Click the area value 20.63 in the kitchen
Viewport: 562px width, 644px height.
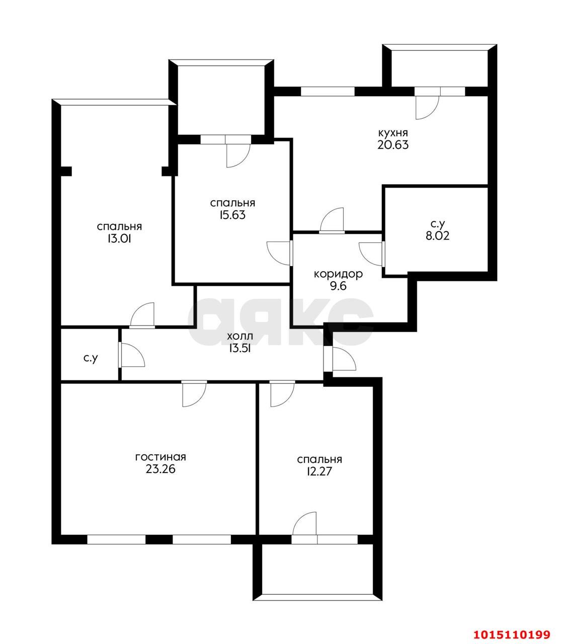pyautogui.click(x=393, y=145)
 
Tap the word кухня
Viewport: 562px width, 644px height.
pyautogui.click(x=393, y=132)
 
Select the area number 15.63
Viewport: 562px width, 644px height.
pyautogui.click(x=233, y=215)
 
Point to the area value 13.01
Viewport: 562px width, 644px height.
pyautogui.click(x=119, y=239)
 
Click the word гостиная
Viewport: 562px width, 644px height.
pyautogui.click(x=160, y=457)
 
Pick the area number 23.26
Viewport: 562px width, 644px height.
pyautogui.click(x=160, y=469)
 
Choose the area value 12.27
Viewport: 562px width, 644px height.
pyautogui.click(x=319, y=471)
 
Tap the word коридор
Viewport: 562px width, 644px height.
pyautogui.click(x=338, y=275)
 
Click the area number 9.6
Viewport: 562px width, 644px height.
pyautogui.click(x=338, y=286)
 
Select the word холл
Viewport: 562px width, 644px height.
pyautogui.click(x=240, y=337)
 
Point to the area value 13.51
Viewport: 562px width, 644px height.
pyautogui.click(x=240, y=349)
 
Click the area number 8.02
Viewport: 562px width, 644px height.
pyautogui.click(x=437, y=236)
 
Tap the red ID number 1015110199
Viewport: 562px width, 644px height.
pyautogui.click(x=512, y=626)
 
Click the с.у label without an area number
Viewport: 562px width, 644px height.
pyautogui.click(x=91, y=358)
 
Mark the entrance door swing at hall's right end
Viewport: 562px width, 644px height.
pyautogui.click(x=344, y=359)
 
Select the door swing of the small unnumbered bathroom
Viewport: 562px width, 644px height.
pyautogui.click(x=133, y=355)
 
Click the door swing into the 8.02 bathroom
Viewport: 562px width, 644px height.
pyautogui.click(x=371, y=254)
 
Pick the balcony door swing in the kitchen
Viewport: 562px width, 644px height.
pyautogui.click(x=427, y=108)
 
